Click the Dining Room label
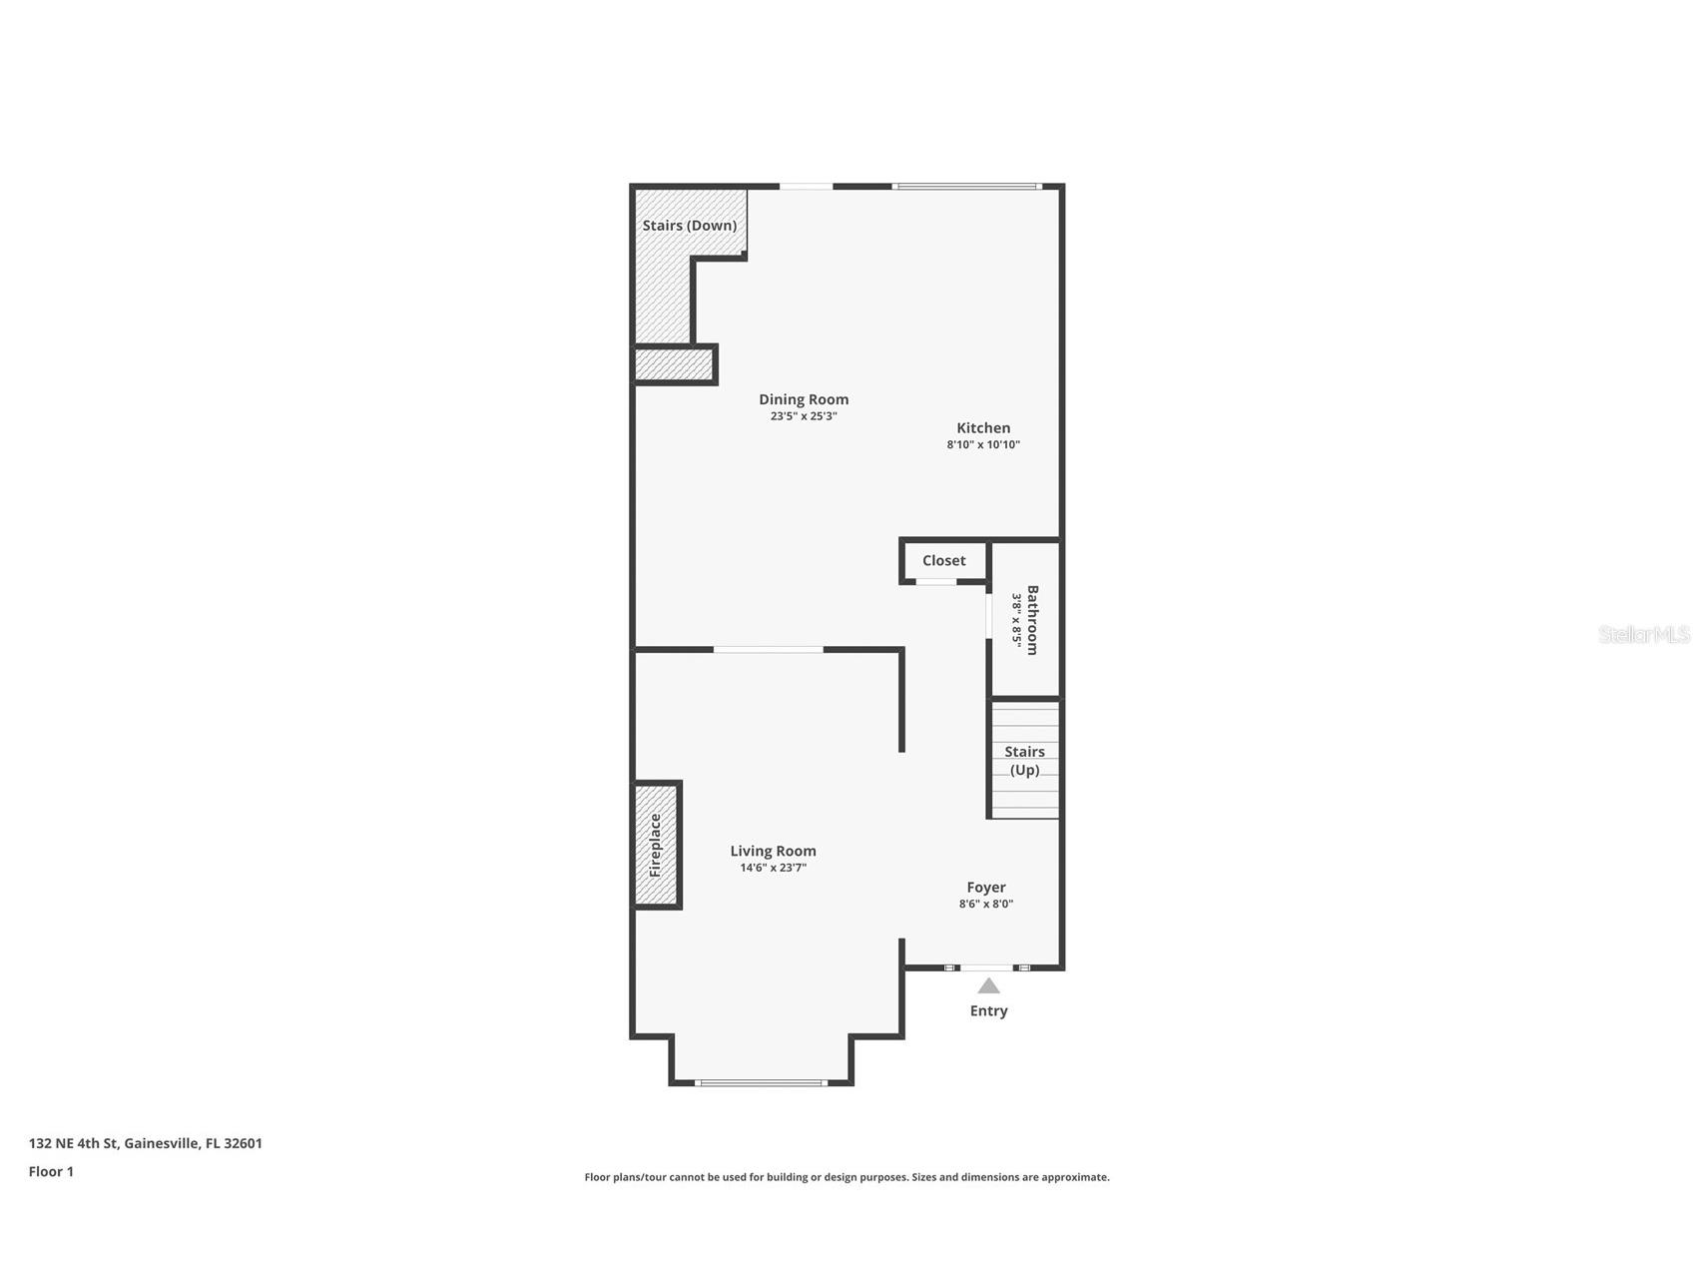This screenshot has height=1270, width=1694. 804,399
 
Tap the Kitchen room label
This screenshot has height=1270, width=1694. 983,428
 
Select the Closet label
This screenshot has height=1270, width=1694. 943,561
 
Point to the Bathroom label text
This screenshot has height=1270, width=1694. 1032,620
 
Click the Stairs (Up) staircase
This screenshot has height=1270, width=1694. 1024,760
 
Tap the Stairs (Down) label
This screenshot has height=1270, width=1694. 690,226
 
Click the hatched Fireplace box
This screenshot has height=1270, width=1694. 657,845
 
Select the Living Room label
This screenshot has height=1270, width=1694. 773,851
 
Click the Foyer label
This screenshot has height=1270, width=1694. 986,887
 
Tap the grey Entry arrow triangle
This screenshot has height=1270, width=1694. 988,986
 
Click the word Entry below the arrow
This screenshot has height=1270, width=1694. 988,1010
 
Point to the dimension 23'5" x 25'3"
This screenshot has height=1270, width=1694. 804,416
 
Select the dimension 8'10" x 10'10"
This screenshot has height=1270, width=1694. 983,445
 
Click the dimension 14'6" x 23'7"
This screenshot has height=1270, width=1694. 773,868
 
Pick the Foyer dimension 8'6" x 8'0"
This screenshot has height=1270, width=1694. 986,904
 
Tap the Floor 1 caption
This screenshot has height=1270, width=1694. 51,1171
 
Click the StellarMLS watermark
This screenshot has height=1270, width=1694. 1644,634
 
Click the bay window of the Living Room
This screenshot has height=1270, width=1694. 762,1082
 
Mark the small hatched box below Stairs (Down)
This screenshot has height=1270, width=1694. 675,364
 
